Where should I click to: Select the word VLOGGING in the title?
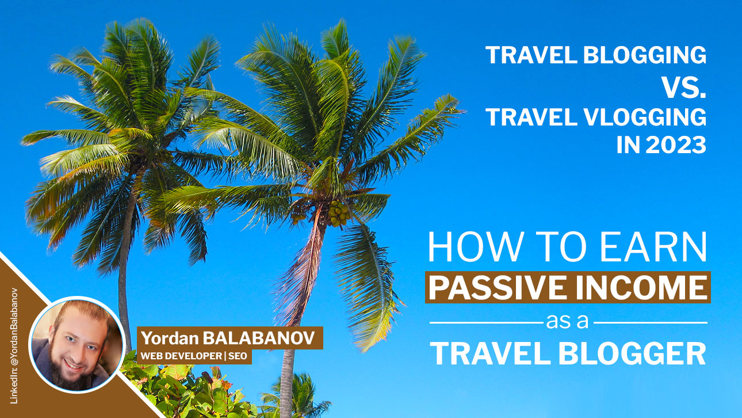(639, 116)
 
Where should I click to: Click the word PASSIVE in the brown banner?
(500, 287)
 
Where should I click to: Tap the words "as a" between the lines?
(568, 321)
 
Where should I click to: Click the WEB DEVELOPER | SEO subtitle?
(194, 356)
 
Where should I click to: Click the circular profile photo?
(77, 345)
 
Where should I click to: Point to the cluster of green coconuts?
(338, 214)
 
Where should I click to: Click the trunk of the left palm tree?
(123, 276)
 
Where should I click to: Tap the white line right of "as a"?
(650, 322)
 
